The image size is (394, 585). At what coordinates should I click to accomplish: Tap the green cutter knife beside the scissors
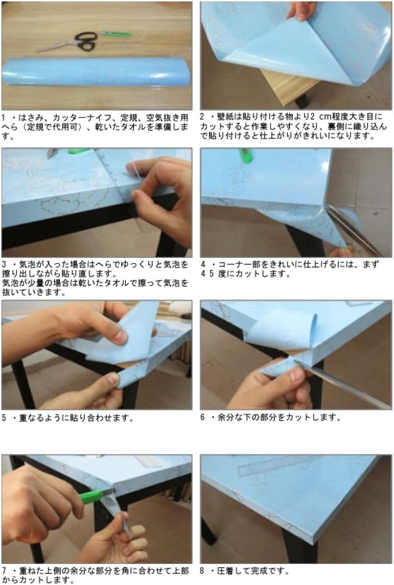(115, 34)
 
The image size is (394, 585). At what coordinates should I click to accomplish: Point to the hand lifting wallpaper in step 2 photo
(302, 9)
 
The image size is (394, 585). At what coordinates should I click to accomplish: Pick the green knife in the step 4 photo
(246, 155)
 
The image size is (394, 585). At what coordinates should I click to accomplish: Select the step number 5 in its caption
(4, 418)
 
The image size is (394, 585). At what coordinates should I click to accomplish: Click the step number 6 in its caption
(203, 418)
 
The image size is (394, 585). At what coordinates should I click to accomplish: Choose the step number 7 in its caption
(4, 571)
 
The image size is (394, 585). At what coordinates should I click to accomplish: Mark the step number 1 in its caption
(4, 117)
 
